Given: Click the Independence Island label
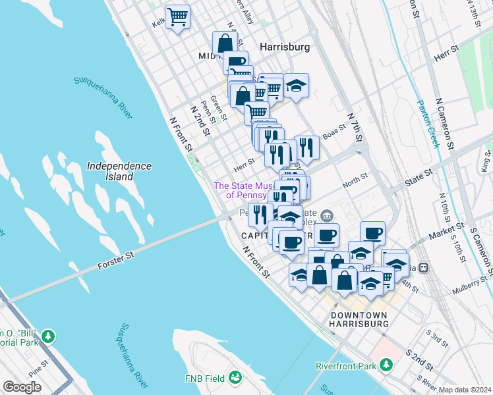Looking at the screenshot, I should tap(119, 171).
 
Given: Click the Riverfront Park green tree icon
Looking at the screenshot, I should tap(386, 365).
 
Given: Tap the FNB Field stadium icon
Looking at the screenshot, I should tap(235, 378).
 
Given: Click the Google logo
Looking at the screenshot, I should tap(22, 387).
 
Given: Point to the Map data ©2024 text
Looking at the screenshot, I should tap(465, 390).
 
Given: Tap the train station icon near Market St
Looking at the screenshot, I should tap(424, 268).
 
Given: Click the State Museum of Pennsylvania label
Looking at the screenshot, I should tap(244, 190).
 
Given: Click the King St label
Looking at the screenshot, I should tap(486, 160).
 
